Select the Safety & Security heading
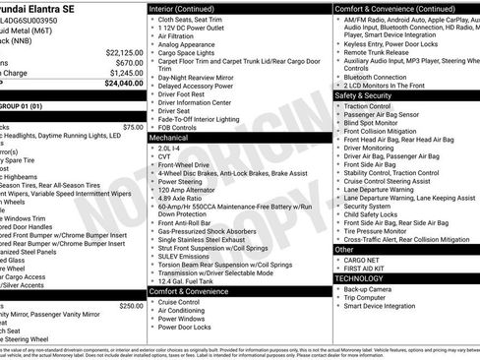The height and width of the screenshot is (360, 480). coord(363,96)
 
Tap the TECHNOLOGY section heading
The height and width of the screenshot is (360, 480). coord(361,278)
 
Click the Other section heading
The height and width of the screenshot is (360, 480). coord(345,250)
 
